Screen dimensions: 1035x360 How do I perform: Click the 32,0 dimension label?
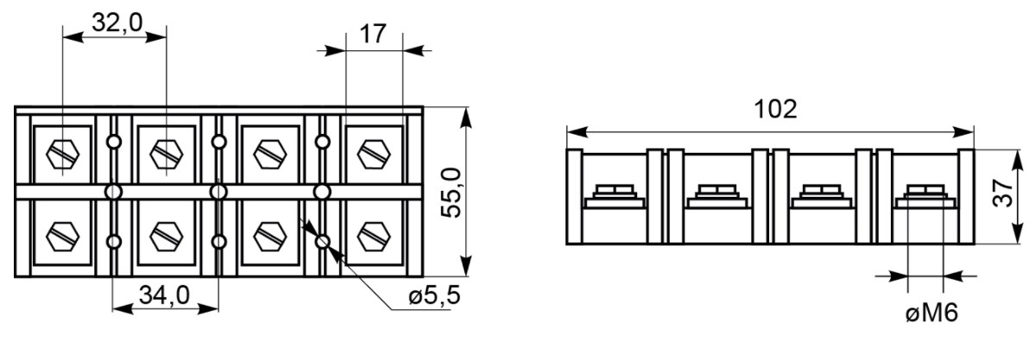[x=117, y=23]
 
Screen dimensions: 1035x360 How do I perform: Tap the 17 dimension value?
[x=374, y=34]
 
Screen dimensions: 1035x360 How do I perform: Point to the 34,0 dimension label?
[x=164, y=295]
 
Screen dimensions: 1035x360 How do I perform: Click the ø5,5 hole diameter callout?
[x=433, y=297]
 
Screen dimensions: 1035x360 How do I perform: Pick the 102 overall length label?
[x=775, y=109]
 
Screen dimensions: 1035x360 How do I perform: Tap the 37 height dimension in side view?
[x=1003, y=193]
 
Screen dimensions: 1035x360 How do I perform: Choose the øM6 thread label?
[x=931, y=313]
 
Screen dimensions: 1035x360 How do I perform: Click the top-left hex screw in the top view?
[x=63, y=155]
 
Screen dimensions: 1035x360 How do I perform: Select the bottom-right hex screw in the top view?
[x=373, y=236]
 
